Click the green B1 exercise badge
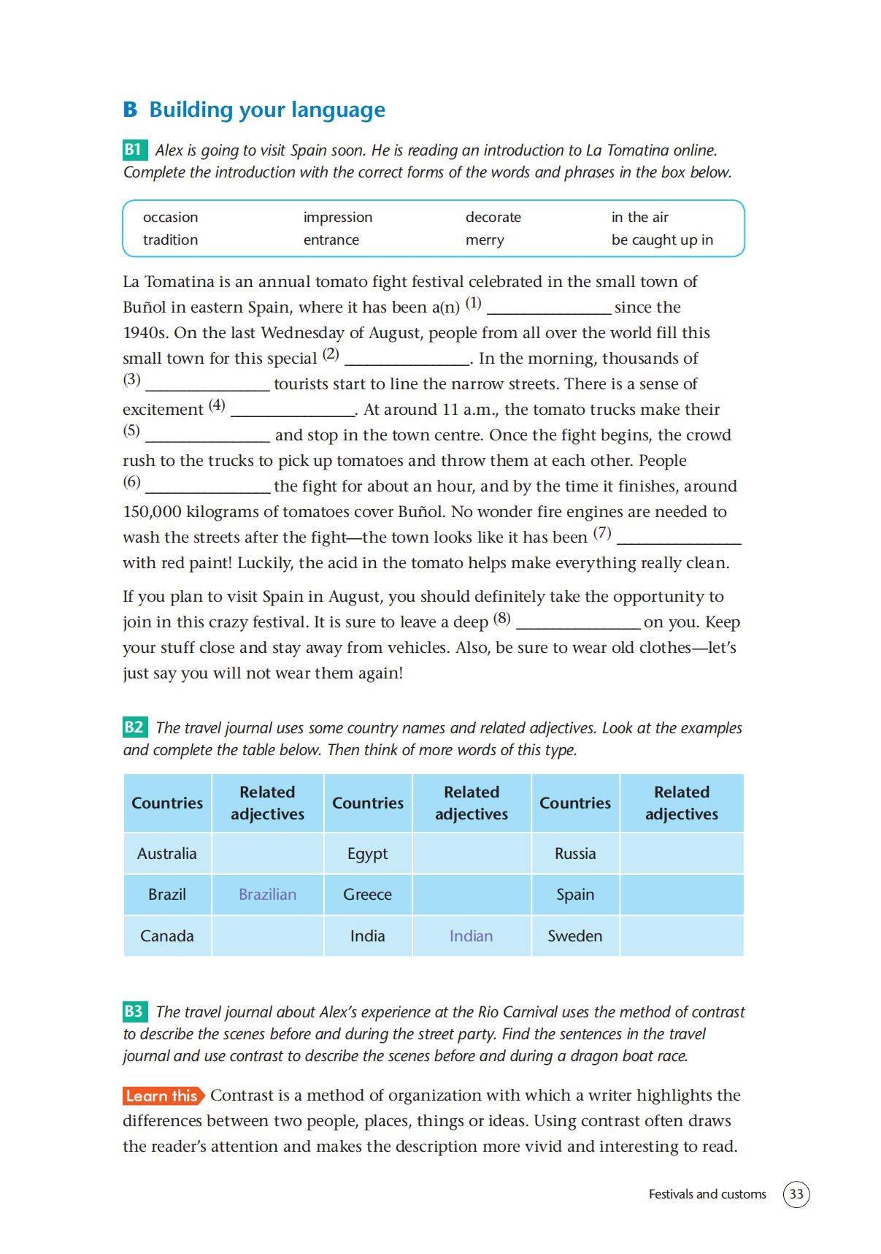(134, 150)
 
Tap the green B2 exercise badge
(134, 727)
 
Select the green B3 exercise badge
(134, 1012)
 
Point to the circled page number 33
(796, 1194)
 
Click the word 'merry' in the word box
(485, 240)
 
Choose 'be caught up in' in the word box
(662, 240)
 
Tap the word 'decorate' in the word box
(493, 217)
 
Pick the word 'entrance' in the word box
(331, 240)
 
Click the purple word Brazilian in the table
(267, 895)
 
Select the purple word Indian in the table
(471, 936)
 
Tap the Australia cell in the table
(166, 853)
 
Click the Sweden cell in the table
(574, 936)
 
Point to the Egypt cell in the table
(367, 853)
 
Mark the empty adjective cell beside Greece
(471, 895)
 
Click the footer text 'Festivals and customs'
(707, 1194)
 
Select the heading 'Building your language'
(267, 110)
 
